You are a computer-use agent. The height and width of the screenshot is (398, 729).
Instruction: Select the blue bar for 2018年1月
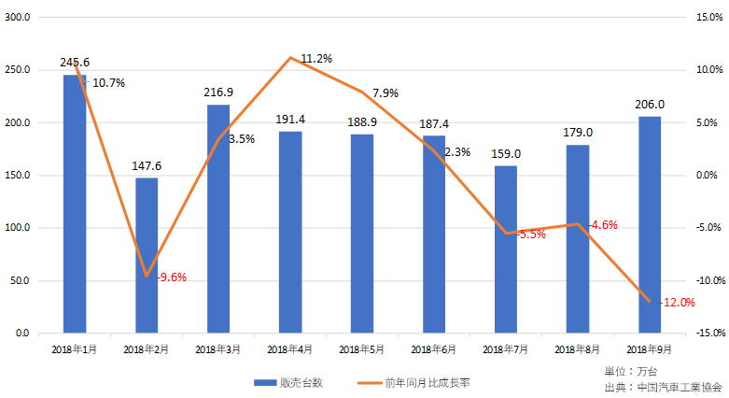75,204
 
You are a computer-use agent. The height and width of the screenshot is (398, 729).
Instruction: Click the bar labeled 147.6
147,255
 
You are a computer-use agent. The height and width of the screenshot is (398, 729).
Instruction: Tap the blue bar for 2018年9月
650,224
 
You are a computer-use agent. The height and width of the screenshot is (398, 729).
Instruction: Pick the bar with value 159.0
506,249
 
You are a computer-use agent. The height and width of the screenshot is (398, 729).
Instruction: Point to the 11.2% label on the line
316,58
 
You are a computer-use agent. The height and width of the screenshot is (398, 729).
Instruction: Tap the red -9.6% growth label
172,277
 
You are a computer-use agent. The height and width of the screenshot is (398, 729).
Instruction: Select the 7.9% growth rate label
385,93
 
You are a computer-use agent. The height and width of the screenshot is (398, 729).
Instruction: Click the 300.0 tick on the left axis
18,18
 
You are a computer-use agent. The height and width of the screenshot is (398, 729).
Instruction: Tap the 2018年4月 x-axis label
289,349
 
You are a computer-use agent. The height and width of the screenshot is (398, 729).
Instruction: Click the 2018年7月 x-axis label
506,349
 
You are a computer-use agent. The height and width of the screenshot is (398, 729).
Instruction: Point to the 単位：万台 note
631,371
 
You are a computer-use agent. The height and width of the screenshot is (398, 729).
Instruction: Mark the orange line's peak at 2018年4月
291,58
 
